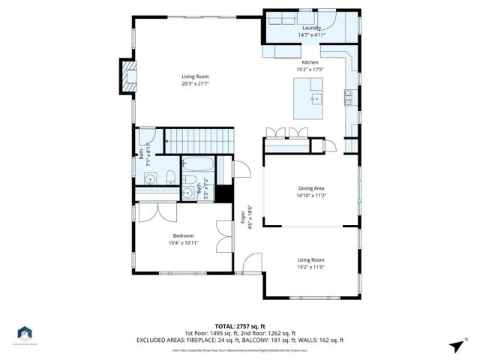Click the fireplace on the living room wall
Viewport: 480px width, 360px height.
click(128, 76)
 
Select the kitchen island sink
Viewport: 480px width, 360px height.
click(315, 98)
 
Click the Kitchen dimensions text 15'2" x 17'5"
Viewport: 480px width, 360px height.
click(310, 70)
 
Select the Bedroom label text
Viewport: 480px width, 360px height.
click(184, 235)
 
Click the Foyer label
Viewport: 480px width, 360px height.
click(242, 217)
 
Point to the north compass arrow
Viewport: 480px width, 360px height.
click(457, 345)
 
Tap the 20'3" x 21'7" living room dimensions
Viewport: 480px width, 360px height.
click(195, 83)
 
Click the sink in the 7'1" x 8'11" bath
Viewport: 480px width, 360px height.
click(150, 178)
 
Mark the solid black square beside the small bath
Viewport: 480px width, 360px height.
click(222, 191)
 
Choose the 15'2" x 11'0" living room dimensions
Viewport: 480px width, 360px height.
click(310, 266)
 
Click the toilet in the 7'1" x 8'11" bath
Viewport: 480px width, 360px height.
click(170, 178)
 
